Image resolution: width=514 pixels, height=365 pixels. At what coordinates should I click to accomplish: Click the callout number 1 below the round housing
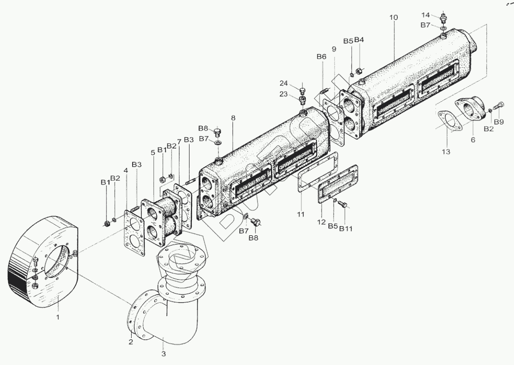(x=58, y=317)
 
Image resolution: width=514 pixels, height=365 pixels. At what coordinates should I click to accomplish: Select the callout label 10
(x=393, y=17)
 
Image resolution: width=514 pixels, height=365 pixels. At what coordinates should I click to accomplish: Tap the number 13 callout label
(x=446, y=152)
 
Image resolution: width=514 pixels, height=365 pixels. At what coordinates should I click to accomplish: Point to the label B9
(x=498, y=122)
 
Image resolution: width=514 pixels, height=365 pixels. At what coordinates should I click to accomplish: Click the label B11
(x=346, y=228)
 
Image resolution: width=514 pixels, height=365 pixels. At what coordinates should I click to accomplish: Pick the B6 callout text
(x=322, y=57)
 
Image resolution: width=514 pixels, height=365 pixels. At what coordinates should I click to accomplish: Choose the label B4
(x=359, y=40)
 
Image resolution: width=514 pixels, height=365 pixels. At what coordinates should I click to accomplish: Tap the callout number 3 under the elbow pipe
(x=163, y=354)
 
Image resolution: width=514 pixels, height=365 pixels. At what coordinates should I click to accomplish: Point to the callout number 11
(x=300, y=214)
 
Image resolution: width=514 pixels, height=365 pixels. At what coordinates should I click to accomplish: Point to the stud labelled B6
(x=323, y=90)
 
